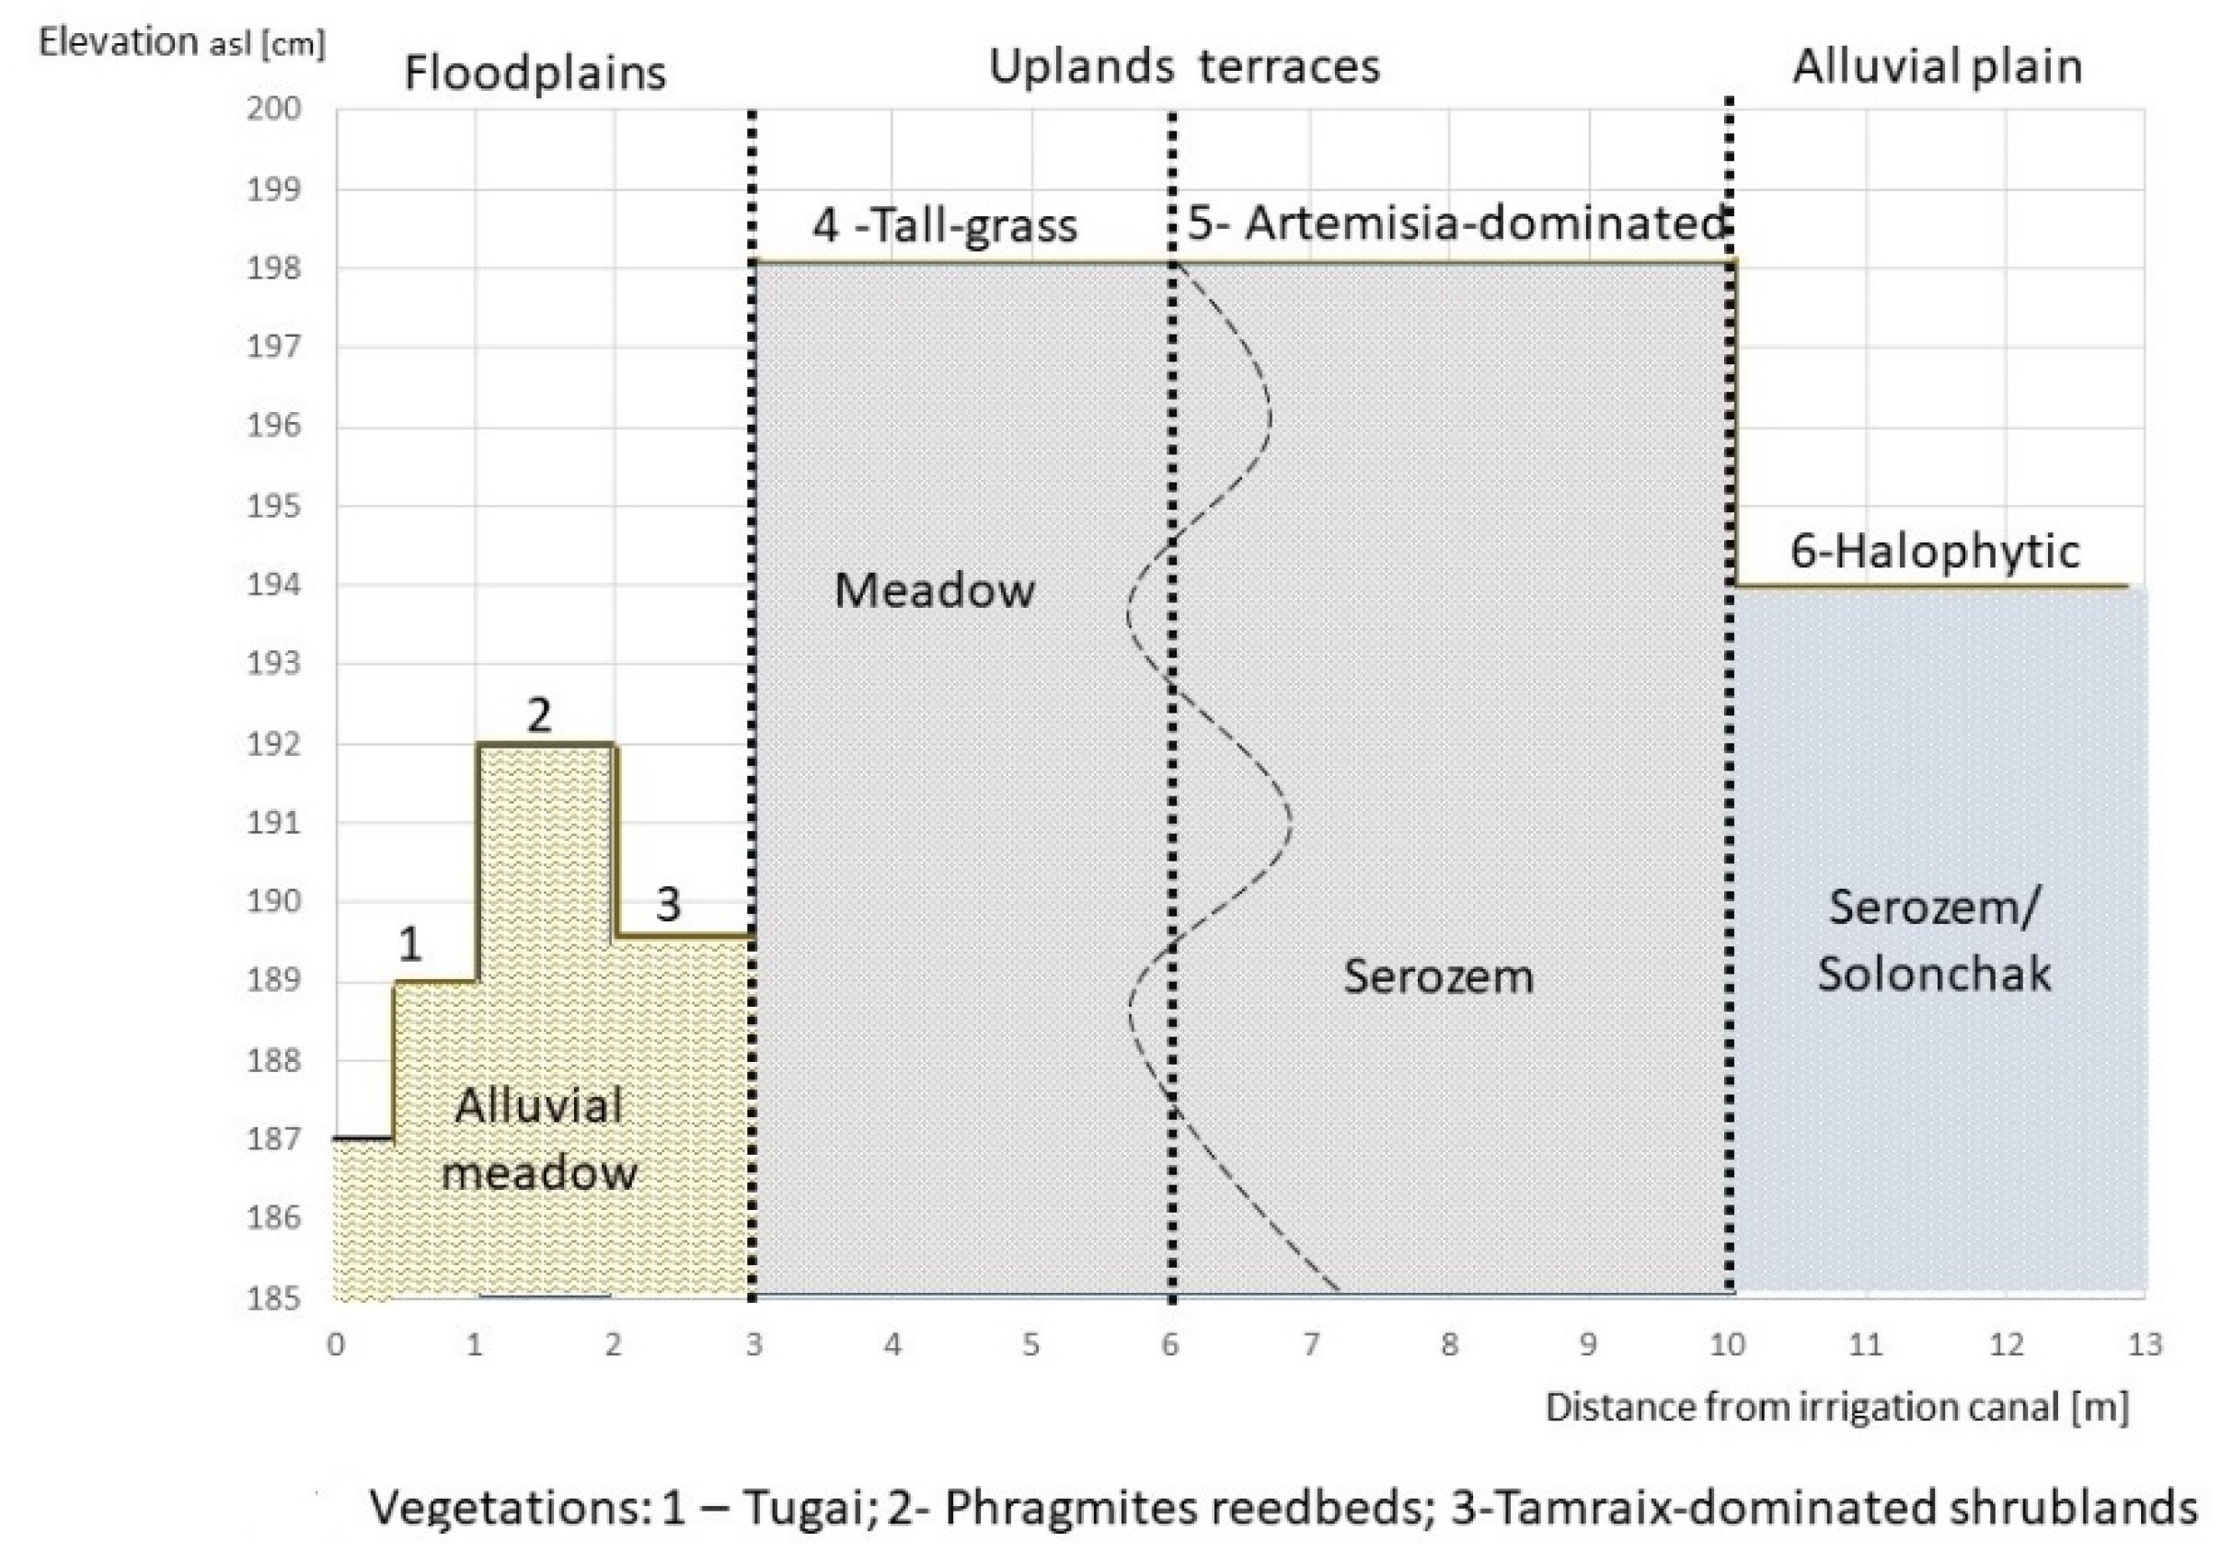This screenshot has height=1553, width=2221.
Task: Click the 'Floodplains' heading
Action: coord(535,74)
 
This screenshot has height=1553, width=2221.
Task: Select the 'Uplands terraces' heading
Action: coord(1183,67)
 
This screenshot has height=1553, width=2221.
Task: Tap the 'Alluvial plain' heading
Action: coord(1936,67)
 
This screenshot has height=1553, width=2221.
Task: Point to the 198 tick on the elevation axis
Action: coord(274,268)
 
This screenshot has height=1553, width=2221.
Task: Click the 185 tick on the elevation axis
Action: coord(274,1296)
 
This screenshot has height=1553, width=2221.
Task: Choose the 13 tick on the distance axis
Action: coord(2145,1344)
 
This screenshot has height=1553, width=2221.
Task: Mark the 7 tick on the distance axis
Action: coord(1310,1344)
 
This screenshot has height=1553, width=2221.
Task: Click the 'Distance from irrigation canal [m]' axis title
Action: coord(1836,1407)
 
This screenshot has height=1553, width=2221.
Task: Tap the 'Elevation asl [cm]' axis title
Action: coord(181,42)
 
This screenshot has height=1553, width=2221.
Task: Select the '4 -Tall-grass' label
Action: coord(944,226)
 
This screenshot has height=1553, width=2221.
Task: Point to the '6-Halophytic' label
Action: coord(1934,551)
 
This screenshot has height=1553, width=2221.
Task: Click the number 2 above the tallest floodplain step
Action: coord(539,715)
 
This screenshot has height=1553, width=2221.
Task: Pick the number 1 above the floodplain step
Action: coord(410,944)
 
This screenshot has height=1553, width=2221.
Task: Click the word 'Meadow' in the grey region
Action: coord(935,590)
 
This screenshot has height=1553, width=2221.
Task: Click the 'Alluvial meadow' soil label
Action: coord(538,1139)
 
